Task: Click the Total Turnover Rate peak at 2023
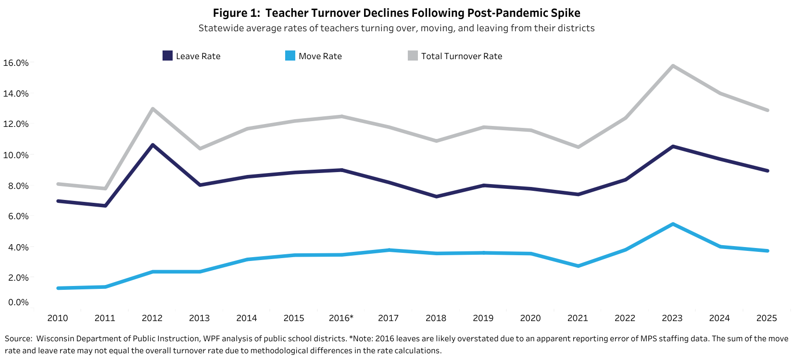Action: (672, 66)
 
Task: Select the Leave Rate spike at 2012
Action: (152, 145)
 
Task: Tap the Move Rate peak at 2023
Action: (672, 224)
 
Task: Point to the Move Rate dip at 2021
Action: (578, 266)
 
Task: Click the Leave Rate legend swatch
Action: (167, 56)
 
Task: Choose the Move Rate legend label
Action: (320, 56)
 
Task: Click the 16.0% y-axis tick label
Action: (16, 63)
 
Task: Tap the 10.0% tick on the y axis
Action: (16, 155)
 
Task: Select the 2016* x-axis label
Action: (341, 318)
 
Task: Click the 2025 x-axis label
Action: (767, 318)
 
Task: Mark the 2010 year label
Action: (58, 318)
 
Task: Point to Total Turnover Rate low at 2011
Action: (105, 188)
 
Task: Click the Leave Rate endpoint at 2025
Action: (767, 171)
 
